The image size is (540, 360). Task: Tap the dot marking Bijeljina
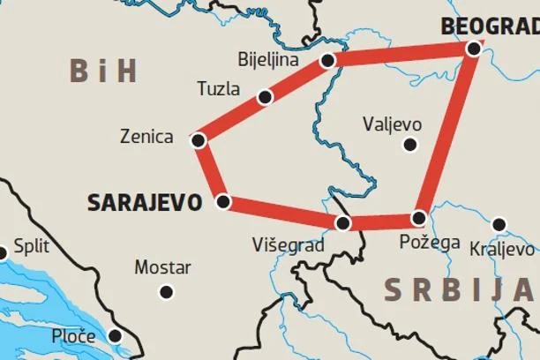click(x=328, y=61)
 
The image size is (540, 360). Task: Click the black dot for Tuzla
click(x=264, y=97)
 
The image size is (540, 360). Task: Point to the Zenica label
click(x=147, y=137)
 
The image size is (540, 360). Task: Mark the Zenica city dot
click(x=199, y=140)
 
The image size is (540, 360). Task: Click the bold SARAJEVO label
click(x=145, y=202)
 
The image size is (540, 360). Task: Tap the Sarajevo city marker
click(x=223, y=202)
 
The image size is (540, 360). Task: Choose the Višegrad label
click(x=288, y=244)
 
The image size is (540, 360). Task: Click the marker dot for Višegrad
click(x=343, y=223)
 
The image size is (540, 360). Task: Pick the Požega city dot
click(x=419, y=218)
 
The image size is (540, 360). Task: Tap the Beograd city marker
click(x=474, y=49)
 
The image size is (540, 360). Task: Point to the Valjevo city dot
click(x=409, y=145)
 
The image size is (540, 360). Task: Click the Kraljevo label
click(x=502, y=248)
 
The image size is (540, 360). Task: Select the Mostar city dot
click(x=166, y=292)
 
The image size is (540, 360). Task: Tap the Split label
click(x=30, y=248)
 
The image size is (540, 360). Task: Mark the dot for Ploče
click(x=115, y=335)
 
